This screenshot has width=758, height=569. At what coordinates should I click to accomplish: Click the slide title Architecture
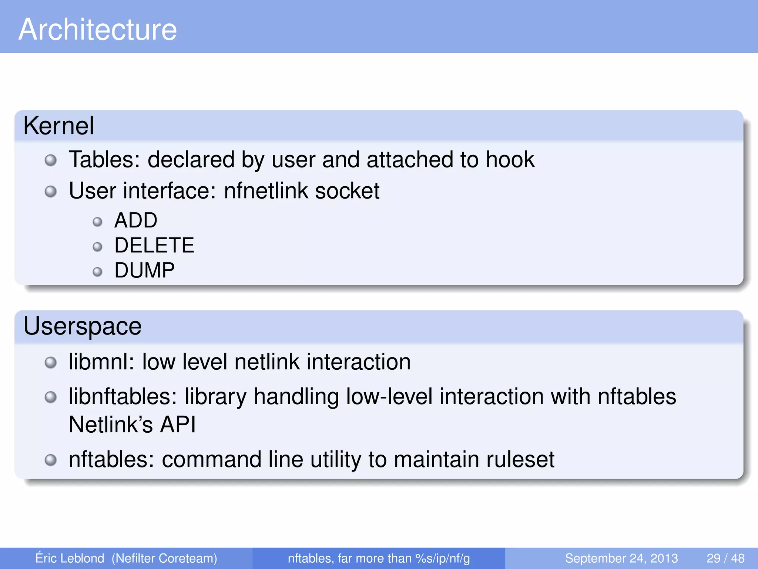[x=98, y=30]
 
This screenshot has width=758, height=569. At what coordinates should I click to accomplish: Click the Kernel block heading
[x=58, y=126]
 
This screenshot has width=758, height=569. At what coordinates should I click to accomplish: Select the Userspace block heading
[x=82, y=326]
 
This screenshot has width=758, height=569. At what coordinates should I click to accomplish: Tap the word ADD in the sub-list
[x=136, y=220]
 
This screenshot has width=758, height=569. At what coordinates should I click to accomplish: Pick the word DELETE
[x=154, y=245]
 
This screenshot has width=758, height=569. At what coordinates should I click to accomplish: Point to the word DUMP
[x=144, y=270]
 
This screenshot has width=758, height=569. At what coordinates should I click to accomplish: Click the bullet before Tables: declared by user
[x=51, y=160]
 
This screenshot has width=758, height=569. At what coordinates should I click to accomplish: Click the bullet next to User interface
[x=51, y=192]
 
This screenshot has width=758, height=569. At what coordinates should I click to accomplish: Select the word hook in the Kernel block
[x=510, y=160]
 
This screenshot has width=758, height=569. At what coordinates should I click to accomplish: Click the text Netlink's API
[x=132, y=425]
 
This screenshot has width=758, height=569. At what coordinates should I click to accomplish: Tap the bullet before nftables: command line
[x=51, y=460]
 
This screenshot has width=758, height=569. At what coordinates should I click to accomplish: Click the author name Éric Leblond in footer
[x=70, y=558]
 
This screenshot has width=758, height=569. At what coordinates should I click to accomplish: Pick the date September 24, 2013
[x=621, y=558]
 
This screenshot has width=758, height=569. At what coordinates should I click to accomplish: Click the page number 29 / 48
[x=725, y=558]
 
